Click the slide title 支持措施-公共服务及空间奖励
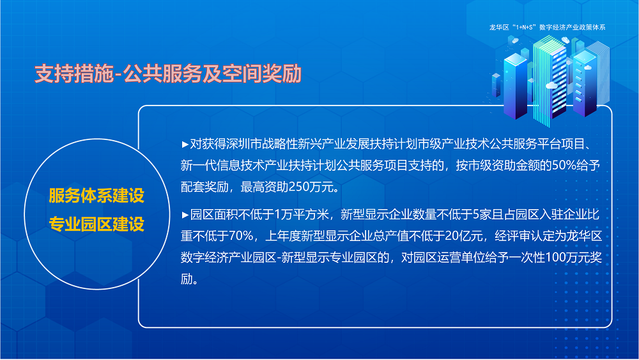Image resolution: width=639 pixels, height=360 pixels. (x=167, y=74)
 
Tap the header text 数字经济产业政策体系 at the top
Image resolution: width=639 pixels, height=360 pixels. (x=572, y=27)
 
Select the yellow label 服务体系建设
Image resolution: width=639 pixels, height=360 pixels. (x=96, y=196)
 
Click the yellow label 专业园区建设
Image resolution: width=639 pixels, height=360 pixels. (x=96, y=224)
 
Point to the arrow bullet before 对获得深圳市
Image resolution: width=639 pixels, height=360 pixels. (x=185, y=143)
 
